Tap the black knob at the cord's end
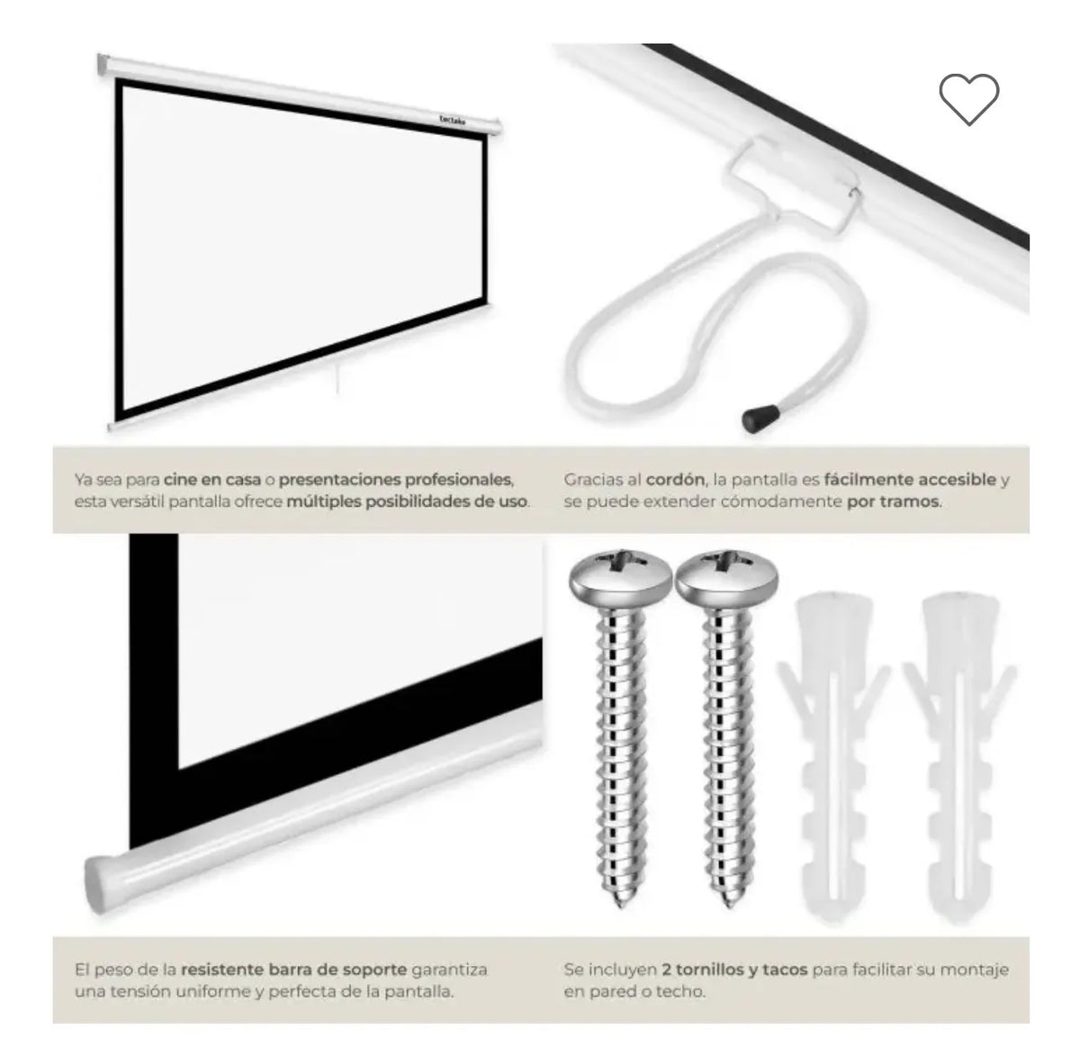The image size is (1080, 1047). pos(760,418)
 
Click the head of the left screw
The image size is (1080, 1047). pos(620,577)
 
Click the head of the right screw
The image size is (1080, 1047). pos(726,577)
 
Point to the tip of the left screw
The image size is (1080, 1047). pos(622,906)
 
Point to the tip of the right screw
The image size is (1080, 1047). pos(729,906)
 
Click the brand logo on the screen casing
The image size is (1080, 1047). pos(453,120)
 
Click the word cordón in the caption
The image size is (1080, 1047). pos(675,480)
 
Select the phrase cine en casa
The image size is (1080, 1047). pos(212,480)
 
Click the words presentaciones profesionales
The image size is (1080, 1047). pos(396,480)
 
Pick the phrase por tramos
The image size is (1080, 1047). pos(894,501)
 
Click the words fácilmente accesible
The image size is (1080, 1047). pos(910,480)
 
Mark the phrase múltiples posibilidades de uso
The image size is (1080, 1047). pos(406,501)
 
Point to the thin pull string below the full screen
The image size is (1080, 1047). pos(337,379)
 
